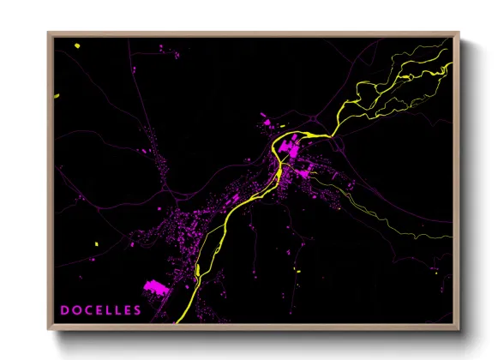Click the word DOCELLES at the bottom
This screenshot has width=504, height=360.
(x=100, y=310)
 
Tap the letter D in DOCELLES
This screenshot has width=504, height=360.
(x=64, y=310)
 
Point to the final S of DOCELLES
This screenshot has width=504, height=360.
(x=137, y=310)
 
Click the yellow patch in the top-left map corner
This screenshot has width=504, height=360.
(x=76, y=45)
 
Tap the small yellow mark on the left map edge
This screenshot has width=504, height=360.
(x=57, y=96)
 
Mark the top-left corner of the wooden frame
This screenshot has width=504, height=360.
(x=49, y=33)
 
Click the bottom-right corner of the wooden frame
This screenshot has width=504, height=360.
(x=459, y=329)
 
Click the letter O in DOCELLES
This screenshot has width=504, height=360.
(x=75, y=310)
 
